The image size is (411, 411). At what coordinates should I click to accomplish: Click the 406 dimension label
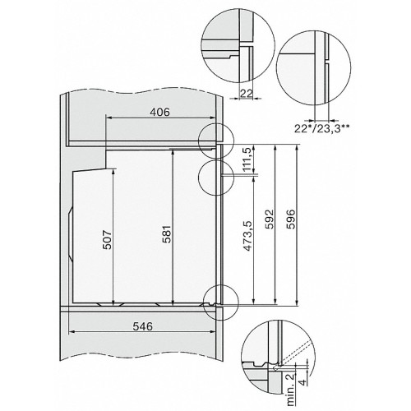click(161, 113)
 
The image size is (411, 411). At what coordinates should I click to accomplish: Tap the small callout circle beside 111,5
click(215, 173)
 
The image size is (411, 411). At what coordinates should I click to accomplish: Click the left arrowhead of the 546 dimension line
click(71, 332)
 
